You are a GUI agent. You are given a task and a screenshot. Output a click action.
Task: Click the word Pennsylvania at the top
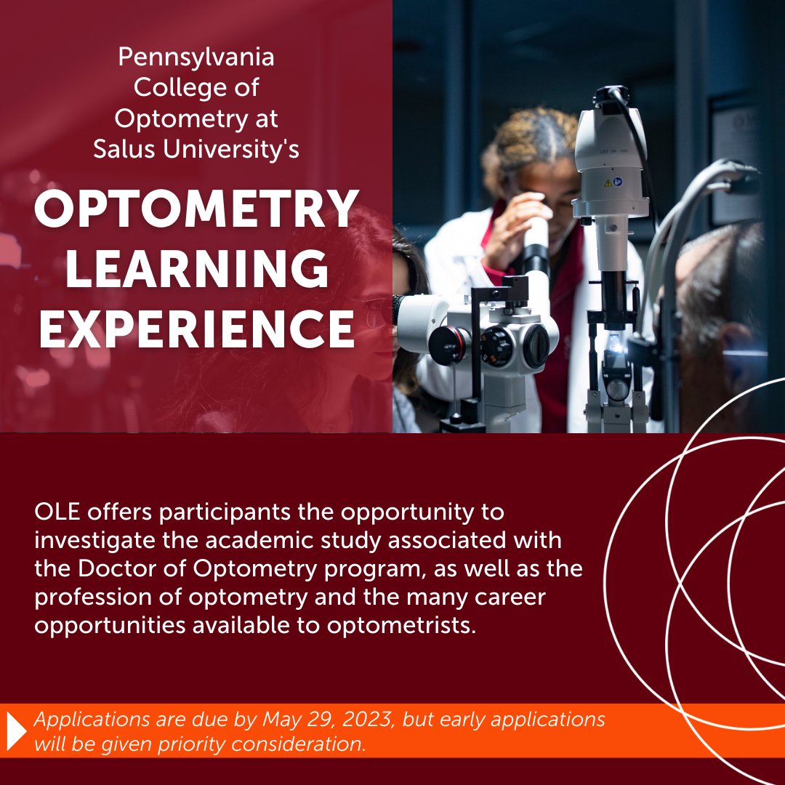click(x=196, y=57)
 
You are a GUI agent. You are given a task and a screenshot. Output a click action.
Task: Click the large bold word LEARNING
click(x=197, y=270)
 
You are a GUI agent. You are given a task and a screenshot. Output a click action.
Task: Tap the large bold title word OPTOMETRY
click(x=197, y=210)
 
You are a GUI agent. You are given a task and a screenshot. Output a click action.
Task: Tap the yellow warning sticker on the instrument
click(x=606, y=183)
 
